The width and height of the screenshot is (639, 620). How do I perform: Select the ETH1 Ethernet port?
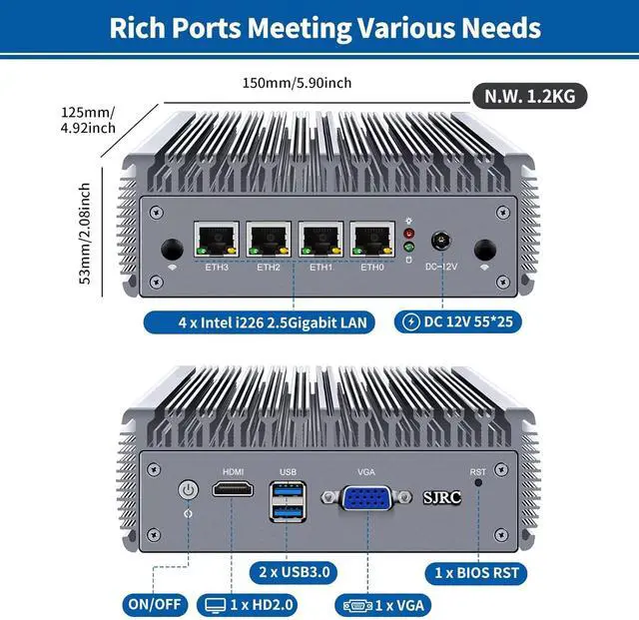[x=320, y=241]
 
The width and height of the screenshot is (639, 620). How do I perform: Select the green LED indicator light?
[x=407, y=247]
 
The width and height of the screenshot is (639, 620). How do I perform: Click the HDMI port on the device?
[x=232, y=491]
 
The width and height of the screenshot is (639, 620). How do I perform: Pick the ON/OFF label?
[x=153, y=604]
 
